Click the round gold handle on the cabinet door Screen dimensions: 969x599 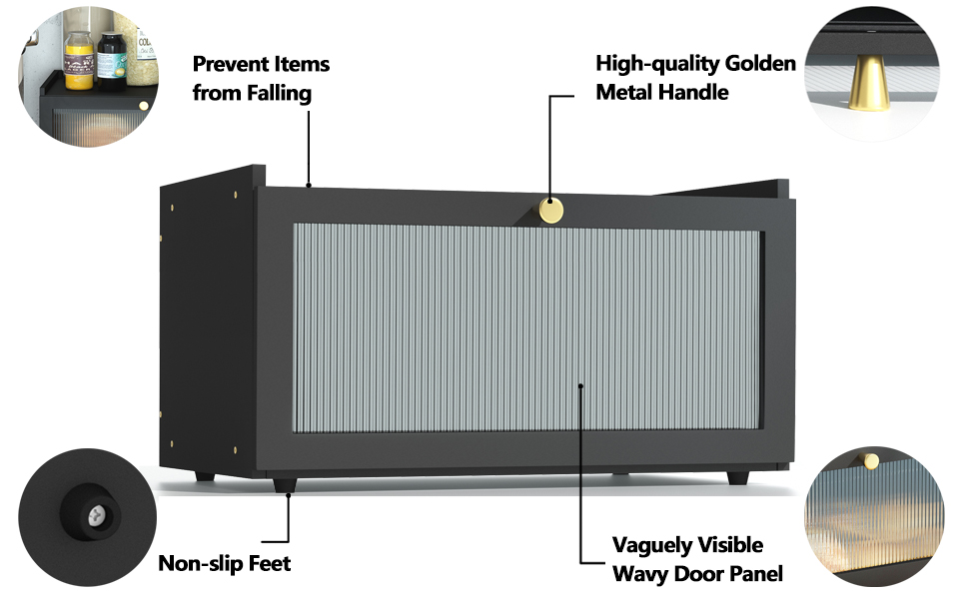point(550,210)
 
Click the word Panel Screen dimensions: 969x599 point(753,574)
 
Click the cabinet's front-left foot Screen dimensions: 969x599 point(285,485)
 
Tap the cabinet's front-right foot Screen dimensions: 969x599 point(737,478)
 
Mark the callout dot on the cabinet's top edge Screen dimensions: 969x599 point(310,185)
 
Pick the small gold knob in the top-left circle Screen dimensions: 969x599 point(143,105)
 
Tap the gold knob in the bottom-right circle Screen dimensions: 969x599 point(870,459)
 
